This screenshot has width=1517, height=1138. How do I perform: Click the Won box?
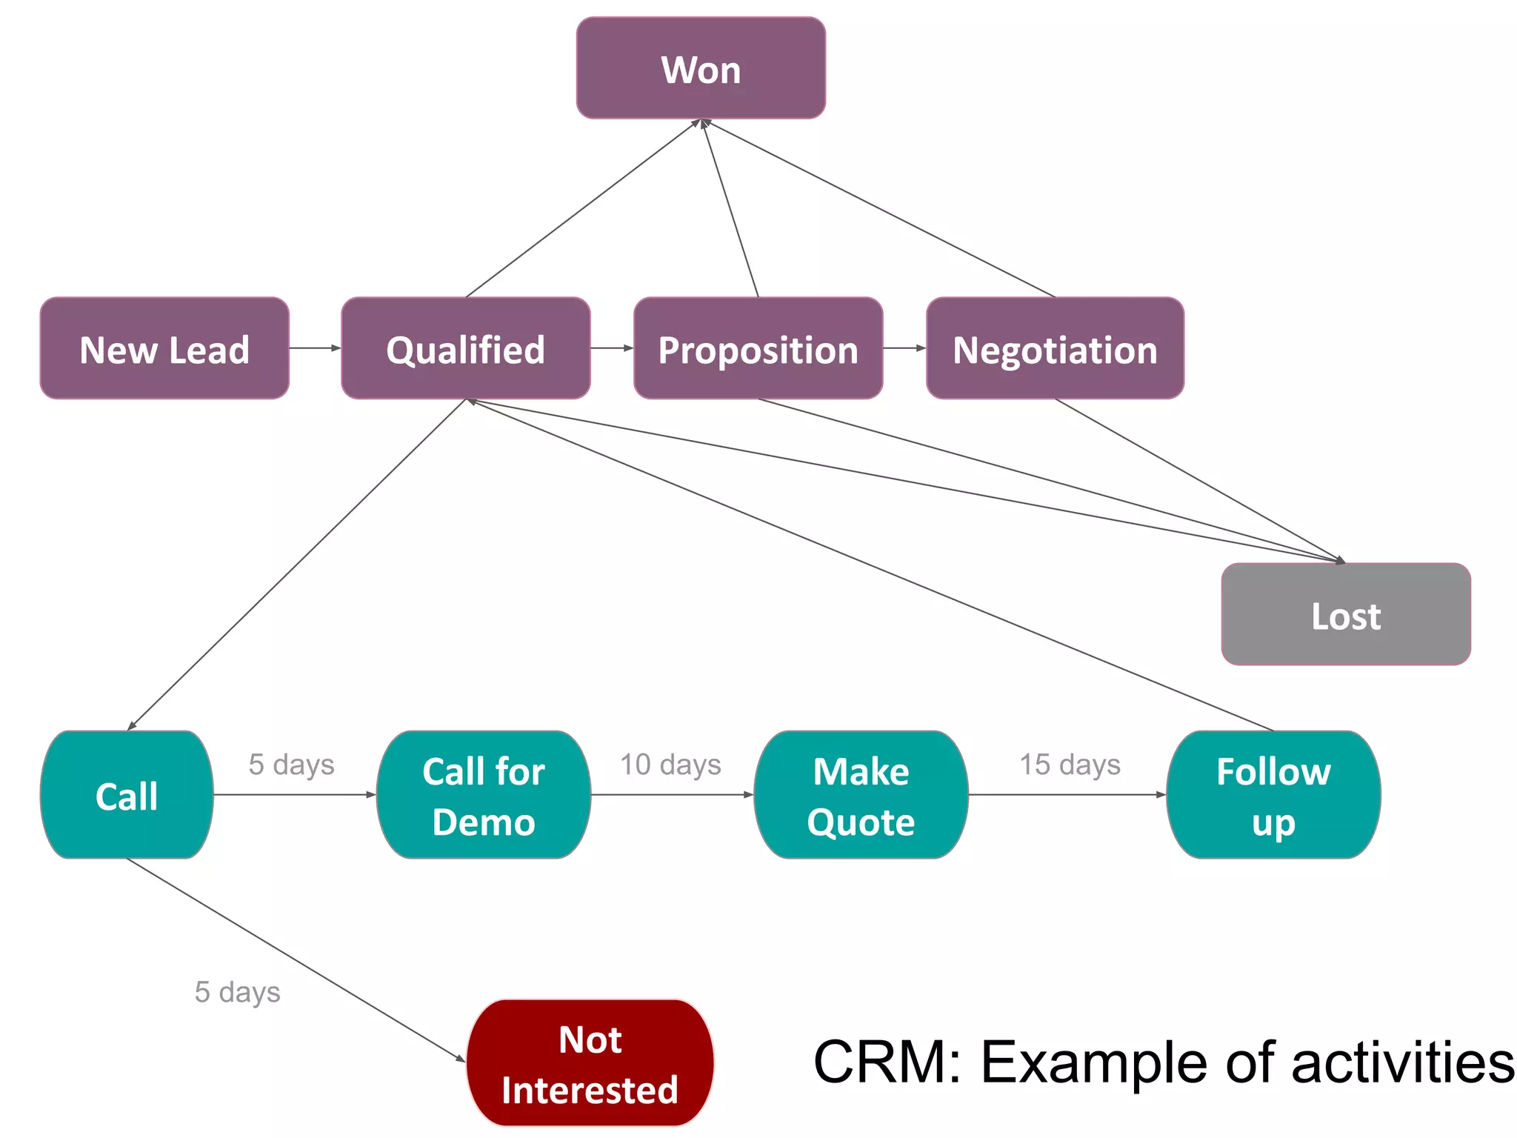701,68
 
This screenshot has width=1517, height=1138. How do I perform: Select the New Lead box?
164,348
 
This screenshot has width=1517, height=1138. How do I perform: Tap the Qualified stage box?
465,348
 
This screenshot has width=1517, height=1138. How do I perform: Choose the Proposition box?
758,348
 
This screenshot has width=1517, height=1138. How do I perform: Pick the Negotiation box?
1055,348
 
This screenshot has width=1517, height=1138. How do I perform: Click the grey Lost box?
1345,614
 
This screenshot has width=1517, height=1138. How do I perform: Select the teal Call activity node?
127,795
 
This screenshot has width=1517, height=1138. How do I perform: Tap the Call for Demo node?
483,795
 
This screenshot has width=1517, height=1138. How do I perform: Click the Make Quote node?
861,795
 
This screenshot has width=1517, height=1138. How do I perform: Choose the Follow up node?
1273,795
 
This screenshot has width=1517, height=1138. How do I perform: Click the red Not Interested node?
590,1063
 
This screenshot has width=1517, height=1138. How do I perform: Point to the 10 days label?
670,765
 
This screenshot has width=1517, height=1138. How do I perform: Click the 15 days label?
1070,765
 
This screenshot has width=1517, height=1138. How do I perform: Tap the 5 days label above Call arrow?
291,765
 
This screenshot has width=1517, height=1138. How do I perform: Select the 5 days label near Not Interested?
237,992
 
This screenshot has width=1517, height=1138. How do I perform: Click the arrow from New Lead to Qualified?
314,347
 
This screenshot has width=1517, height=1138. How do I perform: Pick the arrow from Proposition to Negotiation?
904,347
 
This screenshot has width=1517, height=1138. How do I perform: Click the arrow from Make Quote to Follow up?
1067,795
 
